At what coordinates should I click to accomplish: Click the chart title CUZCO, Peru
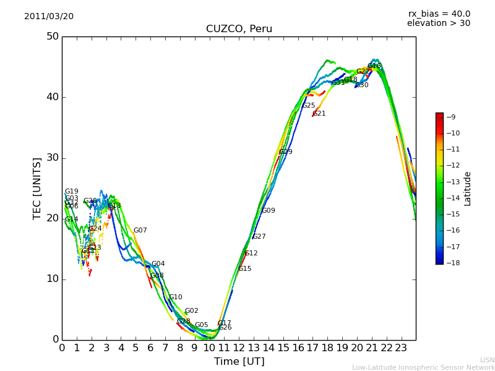pos(239,29)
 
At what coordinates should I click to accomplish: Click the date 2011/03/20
pos(49,16)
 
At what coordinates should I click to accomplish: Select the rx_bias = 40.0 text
pos(439,14)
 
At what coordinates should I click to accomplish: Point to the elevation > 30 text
pos(438,23)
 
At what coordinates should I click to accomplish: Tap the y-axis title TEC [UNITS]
pos(37,188)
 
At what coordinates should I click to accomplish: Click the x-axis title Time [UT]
pos(239,362)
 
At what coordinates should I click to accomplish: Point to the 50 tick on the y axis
pos(52,36)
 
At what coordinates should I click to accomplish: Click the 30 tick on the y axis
pos(52,158)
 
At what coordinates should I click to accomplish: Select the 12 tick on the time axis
pos(239,348)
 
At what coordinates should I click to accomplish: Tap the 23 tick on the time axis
pos(401,348)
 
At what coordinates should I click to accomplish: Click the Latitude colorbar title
pos(468,189)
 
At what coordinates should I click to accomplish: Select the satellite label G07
pos(140,231)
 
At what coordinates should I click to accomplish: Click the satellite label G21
pos(319,114)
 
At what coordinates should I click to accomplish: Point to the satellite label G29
pos(286,152)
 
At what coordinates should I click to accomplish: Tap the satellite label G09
pos(269,211)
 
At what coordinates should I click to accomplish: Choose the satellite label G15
pos(245,269)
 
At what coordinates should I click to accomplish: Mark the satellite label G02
pos(192,311)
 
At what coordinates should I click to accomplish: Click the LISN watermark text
pos(487,360)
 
